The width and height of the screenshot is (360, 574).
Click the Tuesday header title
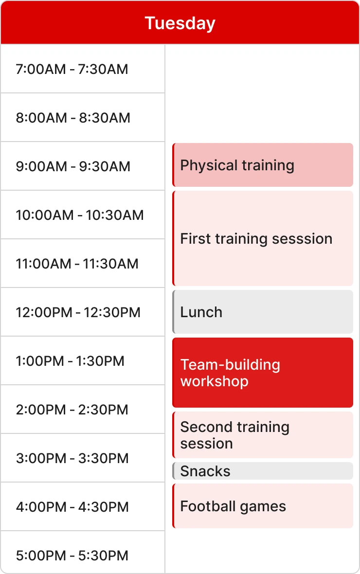click(x=180, y=23)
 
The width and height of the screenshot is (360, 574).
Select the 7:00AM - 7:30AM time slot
click(x=72, y=69)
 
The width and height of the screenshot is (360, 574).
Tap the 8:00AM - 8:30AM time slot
click(x=73, y=118)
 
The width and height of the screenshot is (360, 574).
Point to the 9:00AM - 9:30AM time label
click(x=73, y=166)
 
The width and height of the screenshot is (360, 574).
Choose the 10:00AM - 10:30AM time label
click(x=80, y=215)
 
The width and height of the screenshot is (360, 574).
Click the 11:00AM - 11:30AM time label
click(x=77, y=264)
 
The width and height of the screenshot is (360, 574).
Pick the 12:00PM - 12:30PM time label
click(x=78, y=312)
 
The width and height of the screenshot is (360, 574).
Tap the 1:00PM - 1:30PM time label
click(x=70, y=361)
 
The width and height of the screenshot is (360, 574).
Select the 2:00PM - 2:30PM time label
click(x=72, y=410)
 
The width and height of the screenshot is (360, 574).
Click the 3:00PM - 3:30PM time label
click(x=72, y=458)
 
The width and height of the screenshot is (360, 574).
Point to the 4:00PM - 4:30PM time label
click(x=72, y=507)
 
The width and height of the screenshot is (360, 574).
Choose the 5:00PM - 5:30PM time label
click(x=72, y=556)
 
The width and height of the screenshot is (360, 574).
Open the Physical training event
click(x=263, y=165)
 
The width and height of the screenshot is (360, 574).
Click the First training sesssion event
click(x=263, y=238)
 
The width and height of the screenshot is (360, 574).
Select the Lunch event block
click(x=263, y=312)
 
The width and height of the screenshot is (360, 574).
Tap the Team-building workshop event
click(x=263, y=373)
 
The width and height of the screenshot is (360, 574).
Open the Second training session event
click(x=263, y=435)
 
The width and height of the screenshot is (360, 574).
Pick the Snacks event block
click(x=263, y=471)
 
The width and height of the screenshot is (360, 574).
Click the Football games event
click(x=263, y=506)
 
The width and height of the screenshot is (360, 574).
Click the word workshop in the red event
click(x=214, y=381)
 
